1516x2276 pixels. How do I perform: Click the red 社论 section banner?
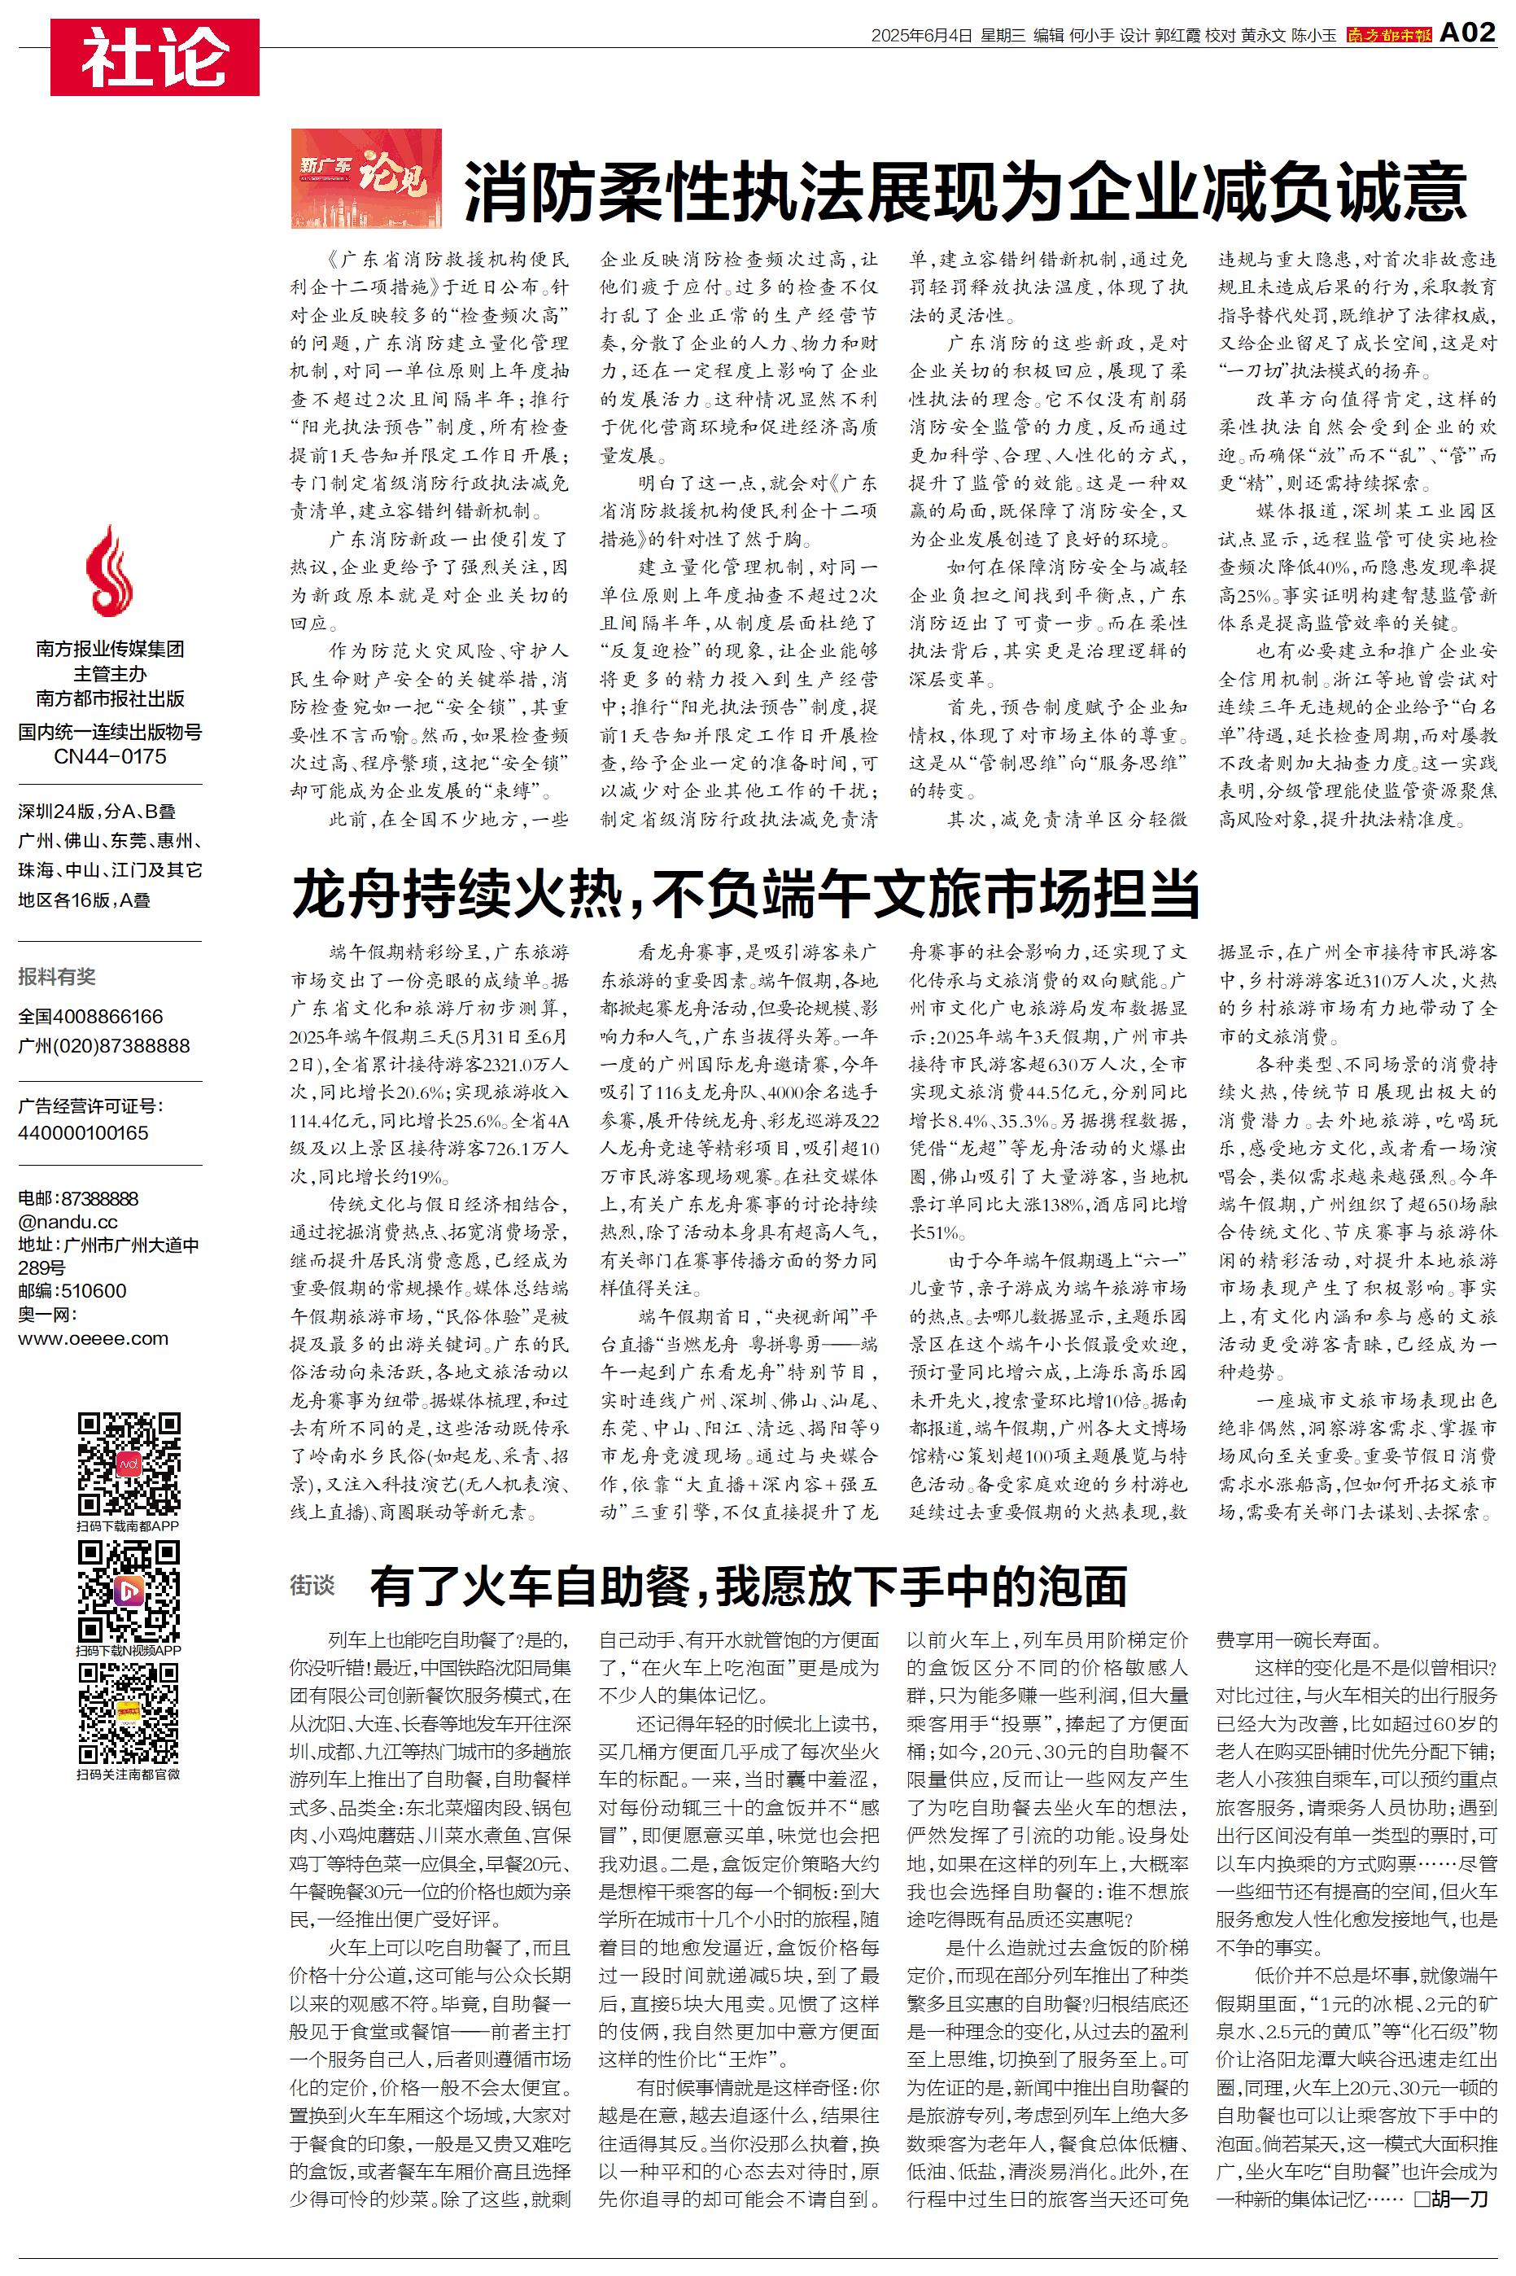tap(155, 57)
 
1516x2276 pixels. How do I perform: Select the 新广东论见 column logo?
tap(366, 179)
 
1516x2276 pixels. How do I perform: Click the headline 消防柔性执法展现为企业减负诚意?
tap(965, 192)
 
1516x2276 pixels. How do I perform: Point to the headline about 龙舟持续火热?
tap(745, 892)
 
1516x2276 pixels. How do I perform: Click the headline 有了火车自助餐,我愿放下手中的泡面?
tap(747, 1586)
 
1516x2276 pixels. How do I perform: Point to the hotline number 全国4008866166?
tap(91, 1016)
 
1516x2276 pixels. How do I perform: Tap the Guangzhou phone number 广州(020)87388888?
tap(104, 1046)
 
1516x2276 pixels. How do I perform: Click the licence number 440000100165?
tap(83, 1132)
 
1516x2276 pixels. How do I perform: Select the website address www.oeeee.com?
tap(93, 1338)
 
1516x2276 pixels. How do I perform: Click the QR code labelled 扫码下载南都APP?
tap(129, 1464)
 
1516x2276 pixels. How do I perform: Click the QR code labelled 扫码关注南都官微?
tap(129, 1714)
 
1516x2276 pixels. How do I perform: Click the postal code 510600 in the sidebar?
tap(93, 1291)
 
